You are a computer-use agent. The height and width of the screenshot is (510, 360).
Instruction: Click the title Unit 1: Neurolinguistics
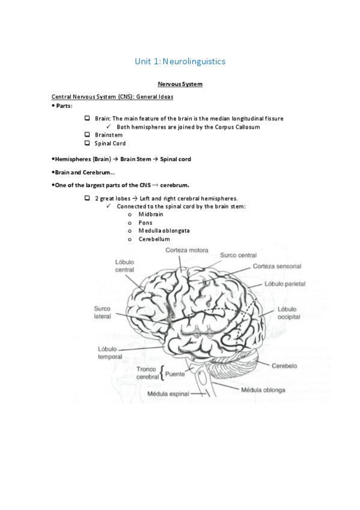[180, 61]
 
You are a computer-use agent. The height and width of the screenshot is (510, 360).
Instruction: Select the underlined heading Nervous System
[180, 84]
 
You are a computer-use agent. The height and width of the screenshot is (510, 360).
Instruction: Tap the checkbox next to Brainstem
[87, 135]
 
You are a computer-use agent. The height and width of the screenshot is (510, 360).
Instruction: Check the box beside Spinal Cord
[87, 143]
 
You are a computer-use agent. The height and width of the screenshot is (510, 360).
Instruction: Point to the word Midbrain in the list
[150, 214]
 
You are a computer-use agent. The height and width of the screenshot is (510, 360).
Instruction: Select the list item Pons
[145, 223]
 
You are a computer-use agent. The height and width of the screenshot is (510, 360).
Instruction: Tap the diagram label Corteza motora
[187, 250]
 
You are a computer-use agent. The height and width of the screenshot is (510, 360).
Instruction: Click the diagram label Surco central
[238, 256]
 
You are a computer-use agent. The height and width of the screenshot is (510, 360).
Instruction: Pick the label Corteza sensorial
[276, 266]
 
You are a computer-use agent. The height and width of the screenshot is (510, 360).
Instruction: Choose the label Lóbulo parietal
[285, 283]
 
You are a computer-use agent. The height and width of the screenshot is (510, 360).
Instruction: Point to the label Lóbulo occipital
[288, 313]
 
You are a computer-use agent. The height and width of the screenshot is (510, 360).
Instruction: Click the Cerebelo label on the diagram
[284, 365]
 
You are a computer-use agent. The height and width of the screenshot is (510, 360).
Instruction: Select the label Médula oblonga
[263, 390]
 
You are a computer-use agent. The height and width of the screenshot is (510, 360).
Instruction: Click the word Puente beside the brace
[175, 373]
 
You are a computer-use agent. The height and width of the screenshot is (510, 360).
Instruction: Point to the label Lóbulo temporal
[110, 353]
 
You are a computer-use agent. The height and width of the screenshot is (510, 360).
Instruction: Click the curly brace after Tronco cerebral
[162, 373]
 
